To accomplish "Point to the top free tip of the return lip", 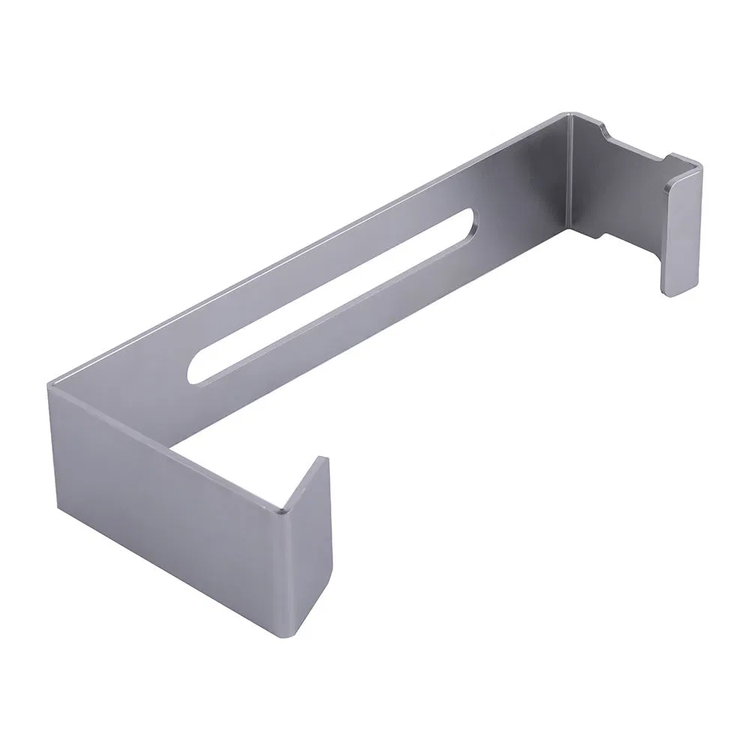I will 325,459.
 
